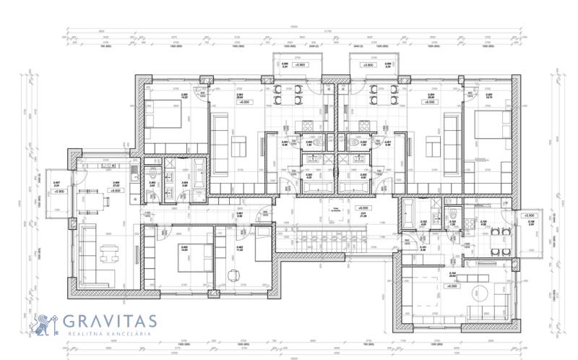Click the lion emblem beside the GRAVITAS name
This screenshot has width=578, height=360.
(x=45, y=324)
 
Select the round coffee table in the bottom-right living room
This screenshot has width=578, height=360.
(x=478, y=294)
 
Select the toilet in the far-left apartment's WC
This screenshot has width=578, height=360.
(x=153, y=176)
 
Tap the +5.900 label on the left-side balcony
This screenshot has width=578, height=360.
(x=59, y=192)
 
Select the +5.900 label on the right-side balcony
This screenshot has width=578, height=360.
(x=529, y=216)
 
